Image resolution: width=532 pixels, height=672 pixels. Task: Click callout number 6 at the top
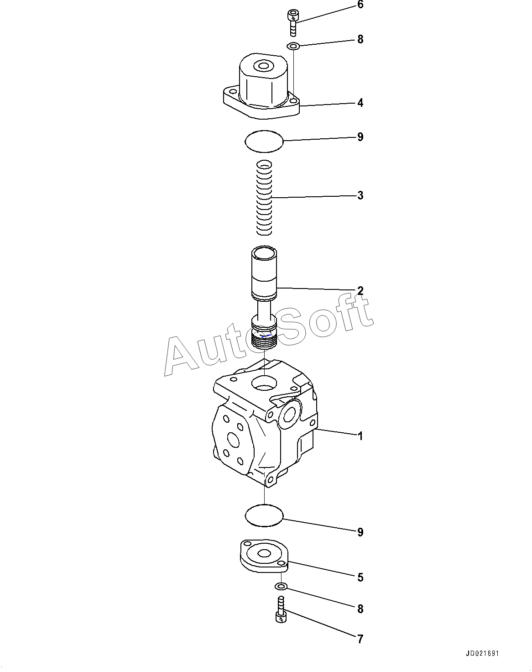tap(360, 5)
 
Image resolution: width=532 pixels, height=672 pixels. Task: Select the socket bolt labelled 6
tap(292, 22)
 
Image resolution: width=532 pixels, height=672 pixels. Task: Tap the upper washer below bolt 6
tap(293, 46)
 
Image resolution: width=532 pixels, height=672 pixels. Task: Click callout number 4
tap(360, 103)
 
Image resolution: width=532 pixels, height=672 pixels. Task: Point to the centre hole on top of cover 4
tap(264, 66)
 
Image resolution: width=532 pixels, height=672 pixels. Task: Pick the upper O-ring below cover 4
tap(264, 142)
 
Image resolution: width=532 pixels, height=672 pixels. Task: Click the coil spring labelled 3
tap(264, 198)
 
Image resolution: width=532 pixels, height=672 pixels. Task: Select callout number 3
tap(360, 195)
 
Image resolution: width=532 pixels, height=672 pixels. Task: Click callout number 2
tap(360, 291)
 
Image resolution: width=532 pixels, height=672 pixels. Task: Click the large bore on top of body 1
tap(264, 383)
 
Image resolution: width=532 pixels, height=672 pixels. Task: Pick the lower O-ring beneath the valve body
tap(264, 516)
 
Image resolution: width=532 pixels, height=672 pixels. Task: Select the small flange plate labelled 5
tap(264, 556)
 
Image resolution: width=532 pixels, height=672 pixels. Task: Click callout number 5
tap(360, 577)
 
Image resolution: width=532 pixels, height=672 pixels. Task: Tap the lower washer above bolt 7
tap(282, 587)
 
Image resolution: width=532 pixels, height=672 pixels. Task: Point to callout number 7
tap(360, 639)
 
